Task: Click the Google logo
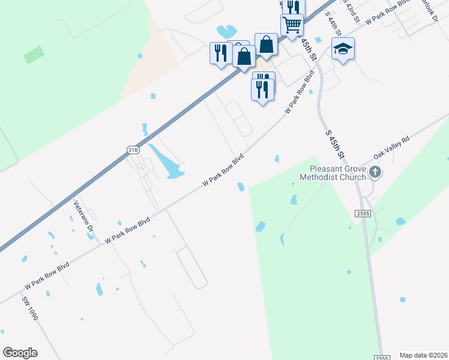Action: [20, 353]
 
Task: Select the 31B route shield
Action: [133, 149]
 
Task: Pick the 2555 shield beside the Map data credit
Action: [381, 357]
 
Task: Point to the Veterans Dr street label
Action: [83, 215]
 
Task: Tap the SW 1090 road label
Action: [30, 308]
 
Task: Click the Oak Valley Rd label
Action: [391, 146]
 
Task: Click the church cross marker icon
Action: [375, 173]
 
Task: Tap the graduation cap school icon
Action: [343, 48]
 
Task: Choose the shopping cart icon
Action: [292, 25]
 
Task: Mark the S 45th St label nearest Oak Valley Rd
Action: [334, 144]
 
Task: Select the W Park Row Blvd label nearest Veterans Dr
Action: [127, 230]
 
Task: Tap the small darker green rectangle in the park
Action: [34, 55]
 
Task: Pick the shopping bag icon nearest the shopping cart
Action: [266, 44]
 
